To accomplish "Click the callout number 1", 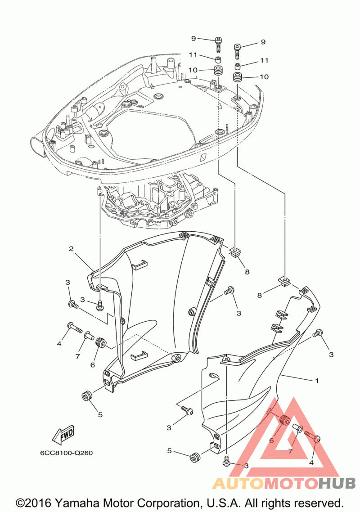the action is click(316, 381).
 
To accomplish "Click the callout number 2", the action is click(71, 249).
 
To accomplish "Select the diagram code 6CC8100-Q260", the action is click(66, 453).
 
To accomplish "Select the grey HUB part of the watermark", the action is click(337, 483).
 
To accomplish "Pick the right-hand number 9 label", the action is click(263, 42).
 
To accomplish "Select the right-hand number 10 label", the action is click(264, 77).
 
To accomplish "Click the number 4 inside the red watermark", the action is click(311, 463).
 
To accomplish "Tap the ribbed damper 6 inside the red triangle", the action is click(284, 420).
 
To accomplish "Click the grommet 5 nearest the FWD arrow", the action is click(86, 396).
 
